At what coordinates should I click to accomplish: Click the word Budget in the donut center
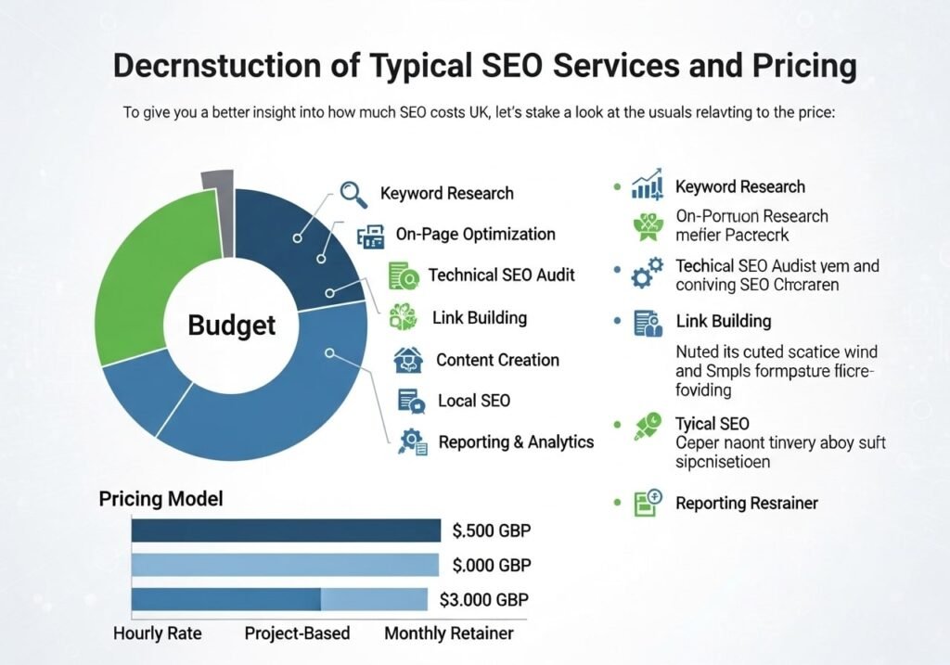coord(232,326)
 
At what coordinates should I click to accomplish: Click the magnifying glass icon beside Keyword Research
coord(353,193)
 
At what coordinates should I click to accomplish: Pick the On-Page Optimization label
coord(475,234)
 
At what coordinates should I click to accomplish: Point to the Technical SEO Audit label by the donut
coord(501,275)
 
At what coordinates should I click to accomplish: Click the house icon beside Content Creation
coord(407,360)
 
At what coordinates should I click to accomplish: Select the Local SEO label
coord(473,401)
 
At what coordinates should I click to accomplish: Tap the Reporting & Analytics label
coord(516,441)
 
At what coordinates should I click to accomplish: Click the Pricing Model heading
coord(160,498)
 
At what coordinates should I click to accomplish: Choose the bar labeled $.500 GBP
coord(286,531)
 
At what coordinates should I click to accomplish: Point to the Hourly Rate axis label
coord(157,634)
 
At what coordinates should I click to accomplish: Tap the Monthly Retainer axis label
coord(448,634)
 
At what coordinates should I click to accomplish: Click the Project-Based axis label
coord(297,634)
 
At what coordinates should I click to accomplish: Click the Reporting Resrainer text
coord(747,503)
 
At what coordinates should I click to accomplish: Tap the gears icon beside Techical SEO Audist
coord(646,272)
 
